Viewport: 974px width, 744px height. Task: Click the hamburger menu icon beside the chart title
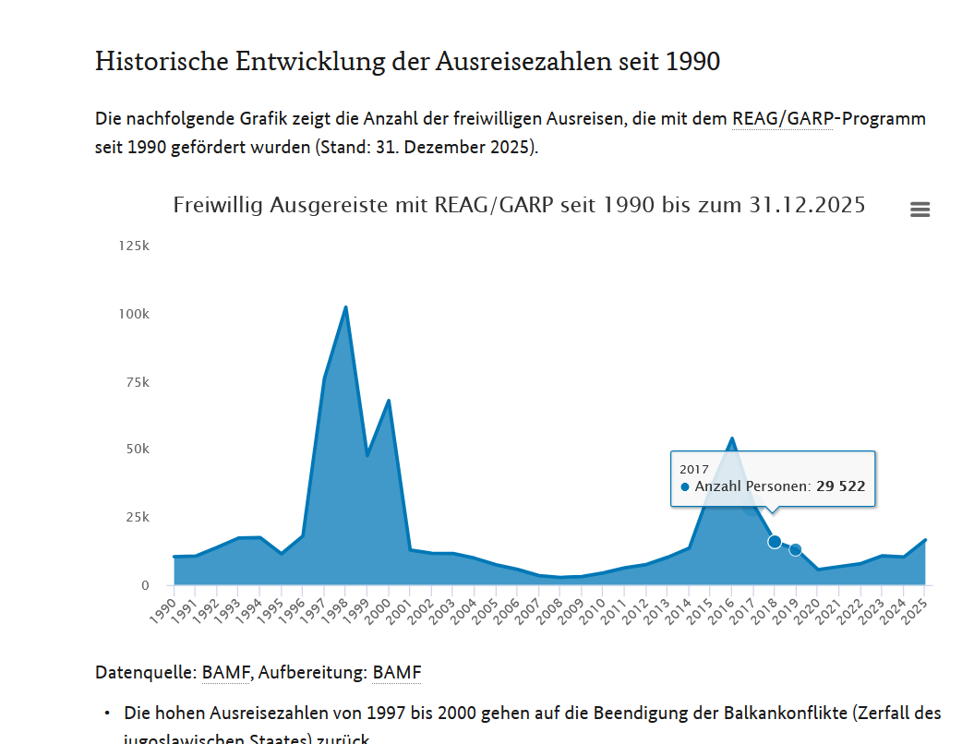920,210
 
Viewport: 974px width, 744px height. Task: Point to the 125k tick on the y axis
134,246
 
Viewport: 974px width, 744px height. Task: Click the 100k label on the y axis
134,314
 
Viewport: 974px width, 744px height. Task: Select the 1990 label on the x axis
162,610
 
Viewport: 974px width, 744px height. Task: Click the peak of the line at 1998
345,307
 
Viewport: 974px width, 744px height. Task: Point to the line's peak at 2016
731,438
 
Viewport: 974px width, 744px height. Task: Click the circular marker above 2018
775,542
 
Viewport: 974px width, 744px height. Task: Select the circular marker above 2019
796,550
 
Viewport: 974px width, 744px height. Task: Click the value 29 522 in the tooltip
840,486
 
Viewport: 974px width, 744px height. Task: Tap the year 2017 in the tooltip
694,469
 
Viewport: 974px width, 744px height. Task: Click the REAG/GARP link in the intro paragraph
782,119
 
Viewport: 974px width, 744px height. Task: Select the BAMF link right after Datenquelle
225,673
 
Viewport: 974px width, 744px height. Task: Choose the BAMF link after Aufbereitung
396,673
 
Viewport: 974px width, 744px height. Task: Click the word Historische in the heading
162,62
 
